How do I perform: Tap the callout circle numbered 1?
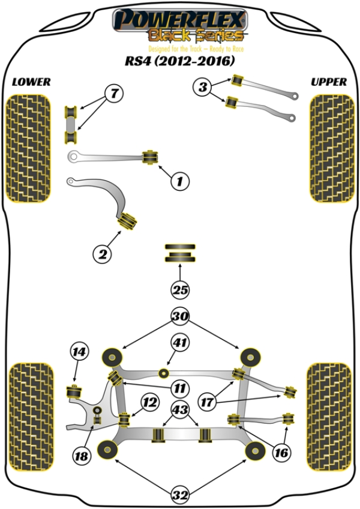[x=179, y=180]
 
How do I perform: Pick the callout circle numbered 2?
[x=102, y=254]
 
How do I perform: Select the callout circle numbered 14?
[x=79, y=352]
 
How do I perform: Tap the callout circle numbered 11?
[x=179, y=388]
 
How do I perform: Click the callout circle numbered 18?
[x=80, y=456]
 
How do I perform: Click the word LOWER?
[x=31, y=82]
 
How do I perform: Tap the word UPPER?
[x=329, y=82]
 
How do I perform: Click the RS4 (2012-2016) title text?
[x=180, y=62]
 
